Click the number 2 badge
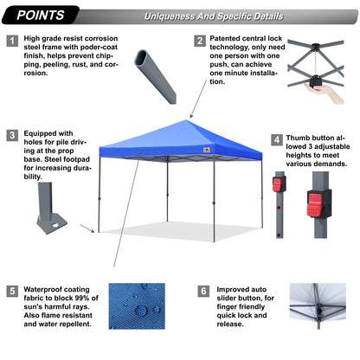coord(200,40)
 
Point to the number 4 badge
coord(276,138)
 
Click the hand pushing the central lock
coord(321,87)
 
